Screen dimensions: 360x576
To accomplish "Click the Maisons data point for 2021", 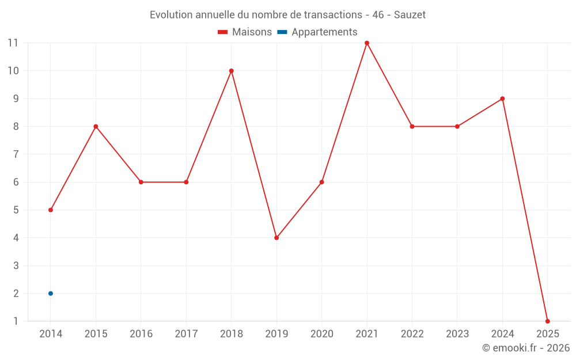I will pyautogui.click(x=367, y=43).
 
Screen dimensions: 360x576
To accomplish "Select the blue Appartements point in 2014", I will pyautogui.click(x=51, y=293).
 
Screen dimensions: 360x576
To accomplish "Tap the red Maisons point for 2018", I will pyautogui.click(x=231, y=71).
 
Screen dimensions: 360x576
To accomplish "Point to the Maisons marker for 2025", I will pyautogui.click(x=547, y=321).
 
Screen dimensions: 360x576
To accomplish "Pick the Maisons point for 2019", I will pyautogui.click(x=276, y=237).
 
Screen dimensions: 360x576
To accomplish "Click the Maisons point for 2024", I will pyautogui.click(x=502, y=98).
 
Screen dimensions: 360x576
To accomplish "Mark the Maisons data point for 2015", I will pyautogui.click(x=96, y=127).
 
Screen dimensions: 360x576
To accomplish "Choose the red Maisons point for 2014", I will pyautogui.click(x=51, y=210).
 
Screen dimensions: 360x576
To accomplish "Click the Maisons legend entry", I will pyautogui.click(x=245, y=32).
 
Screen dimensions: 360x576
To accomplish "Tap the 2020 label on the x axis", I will pyautogui.click(x=321, y=334).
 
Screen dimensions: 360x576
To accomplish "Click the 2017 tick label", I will pyautogui.click(x=186, y=334).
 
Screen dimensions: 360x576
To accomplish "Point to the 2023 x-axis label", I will pyautogui.click(x=457, y=334).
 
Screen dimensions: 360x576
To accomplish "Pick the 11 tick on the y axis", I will pyautogui.click(x=13, y=43).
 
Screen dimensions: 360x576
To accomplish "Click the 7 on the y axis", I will pyautogui.click(x=16, y=154).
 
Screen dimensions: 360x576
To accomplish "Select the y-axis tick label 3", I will pyautogui.click(x=16, y=266).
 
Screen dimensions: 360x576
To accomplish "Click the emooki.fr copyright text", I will pyautogui.click(x=526, y=348).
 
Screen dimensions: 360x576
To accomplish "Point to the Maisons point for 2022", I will pyautogui.click(x=412, y=127).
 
